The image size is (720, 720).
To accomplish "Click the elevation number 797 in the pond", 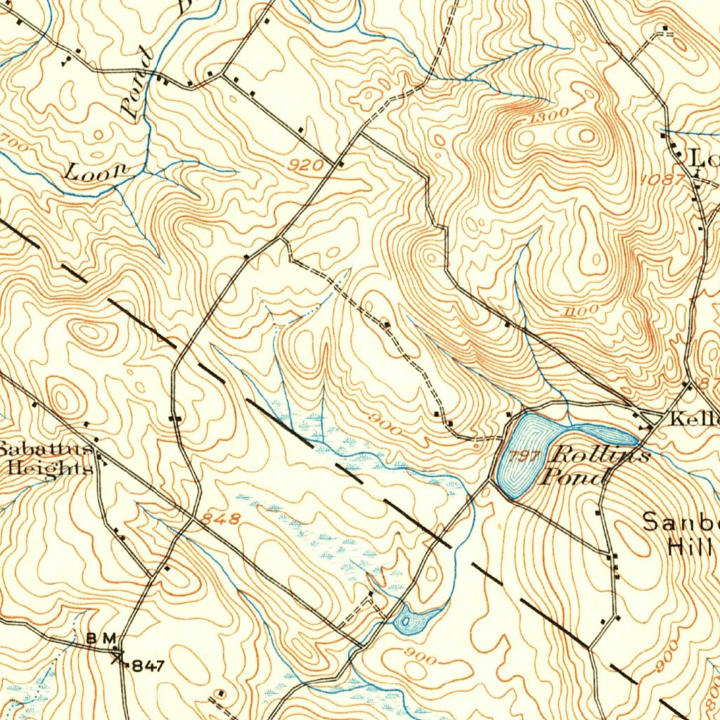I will click(x=526, y=457).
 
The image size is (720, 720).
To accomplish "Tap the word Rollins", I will click(x=600, y=454).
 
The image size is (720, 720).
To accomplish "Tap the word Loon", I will click(x=97, y=171).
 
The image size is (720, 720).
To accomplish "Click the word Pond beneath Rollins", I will click(x=573, y=478).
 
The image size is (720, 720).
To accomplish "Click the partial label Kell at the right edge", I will click(x=694, y=420).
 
